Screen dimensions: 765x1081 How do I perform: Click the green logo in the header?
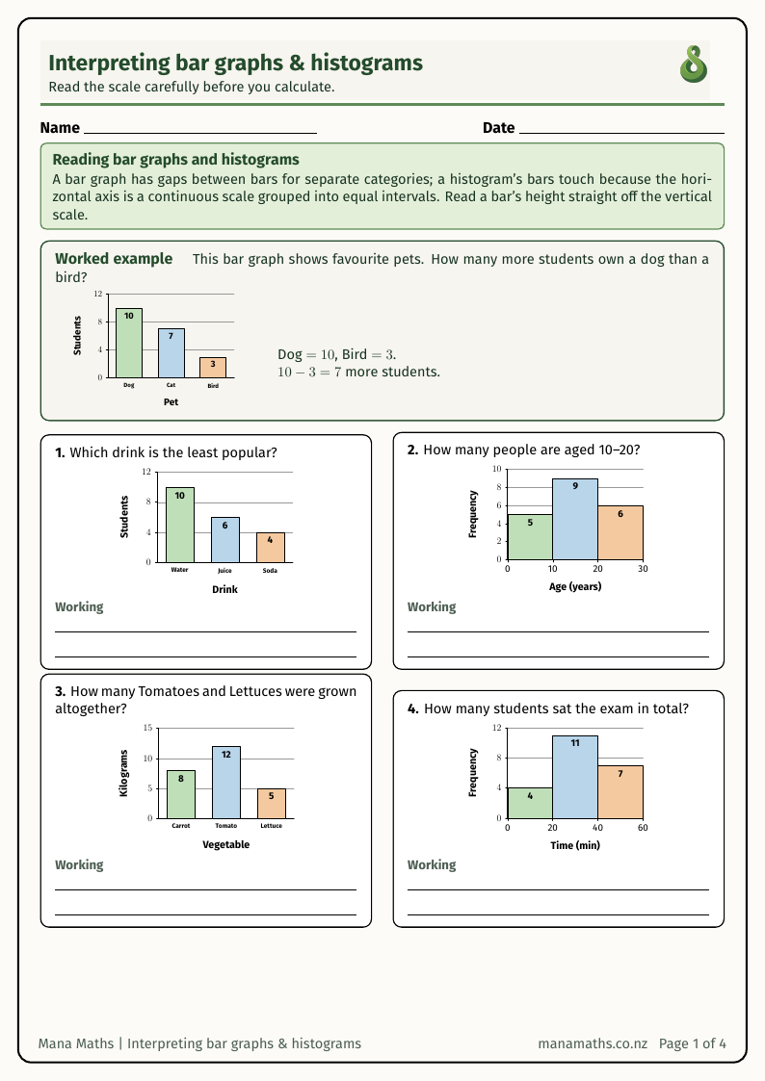(694, 64)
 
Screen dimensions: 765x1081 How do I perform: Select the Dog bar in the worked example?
(129, 343)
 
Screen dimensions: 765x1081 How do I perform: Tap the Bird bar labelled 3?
(213, 368)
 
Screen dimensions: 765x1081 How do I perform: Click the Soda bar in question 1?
(271, 548)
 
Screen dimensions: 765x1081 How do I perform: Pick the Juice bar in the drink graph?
(224, 540)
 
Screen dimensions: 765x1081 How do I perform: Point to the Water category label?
(179, 570)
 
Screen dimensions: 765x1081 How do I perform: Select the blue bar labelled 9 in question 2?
(575, 519)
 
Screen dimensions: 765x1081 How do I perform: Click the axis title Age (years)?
(575, 586)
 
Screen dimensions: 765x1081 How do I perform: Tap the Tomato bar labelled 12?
(226, 783)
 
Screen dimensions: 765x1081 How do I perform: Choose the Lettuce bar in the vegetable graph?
(272, 803)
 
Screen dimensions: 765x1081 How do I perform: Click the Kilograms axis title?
(124, 773)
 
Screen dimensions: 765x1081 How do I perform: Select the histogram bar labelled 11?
(575, 777)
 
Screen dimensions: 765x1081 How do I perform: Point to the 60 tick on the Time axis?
(643, 828)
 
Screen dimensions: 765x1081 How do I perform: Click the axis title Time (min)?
(575, 845)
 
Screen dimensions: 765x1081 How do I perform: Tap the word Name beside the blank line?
(60, 127)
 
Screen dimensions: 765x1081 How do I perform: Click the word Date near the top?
(499, 127)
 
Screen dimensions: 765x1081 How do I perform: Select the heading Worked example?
(114, 259)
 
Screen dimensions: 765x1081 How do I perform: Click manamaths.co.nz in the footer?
(593, 1043)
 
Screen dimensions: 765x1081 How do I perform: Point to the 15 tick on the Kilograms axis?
(147, 728)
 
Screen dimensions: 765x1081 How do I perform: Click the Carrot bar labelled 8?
(181, 794)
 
